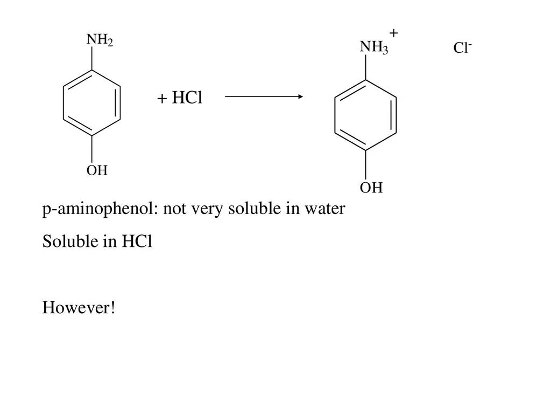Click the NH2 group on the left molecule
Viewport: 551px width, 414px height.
pyautogui.click(x=100, y=40)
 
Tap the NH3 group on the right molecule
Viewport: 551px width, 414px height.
pyautogui.click(x=373, y=48)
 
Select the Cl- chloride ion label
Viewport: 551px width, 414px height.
pyautogui.click(x=462, y=49)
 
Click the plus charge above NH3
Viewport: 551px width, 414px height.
pyautogui.click(x=394, y=33)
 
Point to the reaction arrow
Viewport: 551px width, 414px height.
pyautogui.click(x=264, y=97)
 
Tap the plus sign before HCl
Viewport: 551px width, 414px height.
pyautogui.click(x=161, y=99)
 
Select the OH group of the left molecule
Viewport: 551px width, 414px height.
pyautogui.click(x=97, y=171)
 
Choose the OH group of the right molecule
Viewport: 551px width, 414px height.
pyautogui.click(x=371, y=188)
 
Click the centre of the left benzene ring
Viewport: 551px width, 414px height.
pyautogui.click(x=91, y=102)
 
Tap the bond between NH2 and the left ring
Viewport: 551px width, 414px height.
pyautogui.click(x=92, y=59)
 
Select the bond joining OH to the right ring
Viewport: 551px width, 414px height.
pyautogui.click(x=366, y=164)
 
